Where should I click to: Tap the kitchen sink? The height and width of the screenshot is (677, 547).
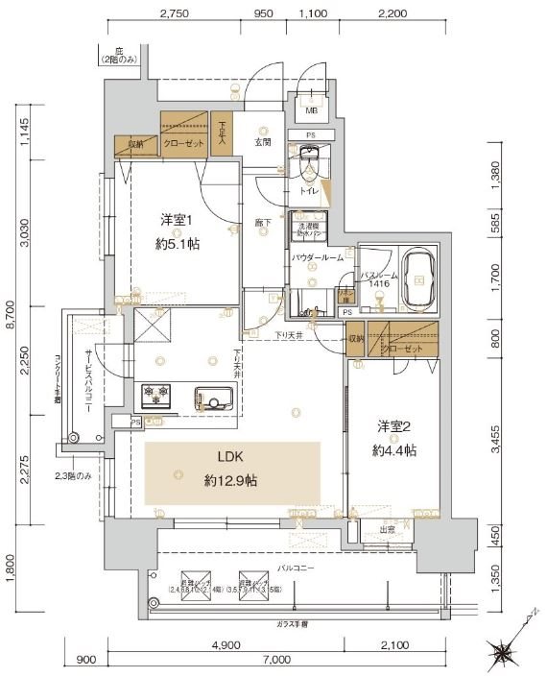[212, 396]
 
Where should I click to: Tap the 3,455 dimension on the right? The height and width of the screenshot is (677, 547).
[496, 443]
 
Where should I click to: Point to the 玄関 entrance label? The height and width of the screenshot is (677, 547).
[262, 142]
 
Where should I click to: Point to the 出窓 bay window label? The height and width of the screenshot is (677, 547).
[388, 529]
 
